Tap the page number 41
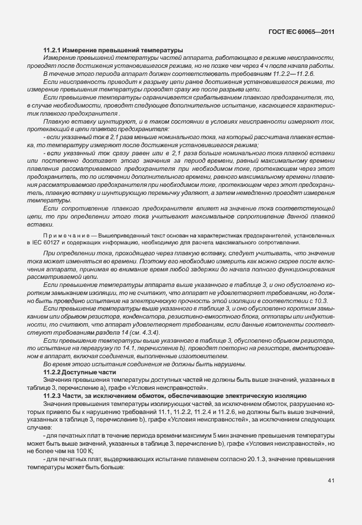click(x=331, y=480)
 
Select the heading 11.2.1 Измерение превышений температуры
click(x=113, y=51)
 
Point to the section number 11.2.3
click(x=55, y=396)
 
